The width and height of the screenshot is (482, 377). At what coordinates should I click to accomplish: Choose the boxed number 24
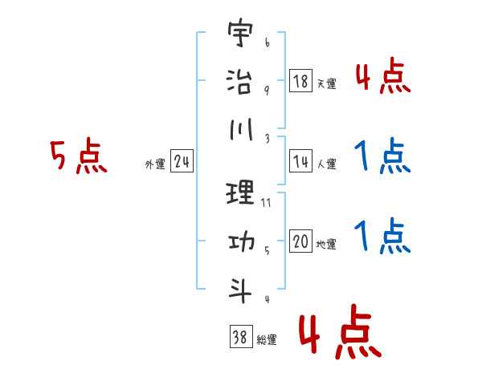(181, 163)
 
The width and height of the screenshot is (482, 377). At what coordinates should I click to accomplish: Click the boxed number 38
(239, 337)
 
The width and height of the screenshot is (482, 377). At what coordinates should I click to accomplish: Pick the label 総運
(266, 339)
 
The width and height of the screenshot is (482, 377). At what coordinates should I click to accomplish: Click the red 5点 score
(78, 156)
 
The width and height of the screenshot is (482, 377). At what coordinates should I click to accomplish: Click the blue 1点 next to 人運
(382, 157)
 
